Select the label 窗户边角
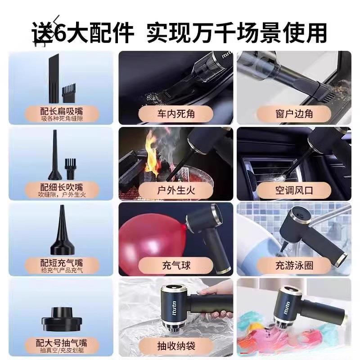coord(294,114)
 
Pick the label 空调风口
coord(294,190)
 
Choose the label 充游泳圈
coord(294,265)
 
